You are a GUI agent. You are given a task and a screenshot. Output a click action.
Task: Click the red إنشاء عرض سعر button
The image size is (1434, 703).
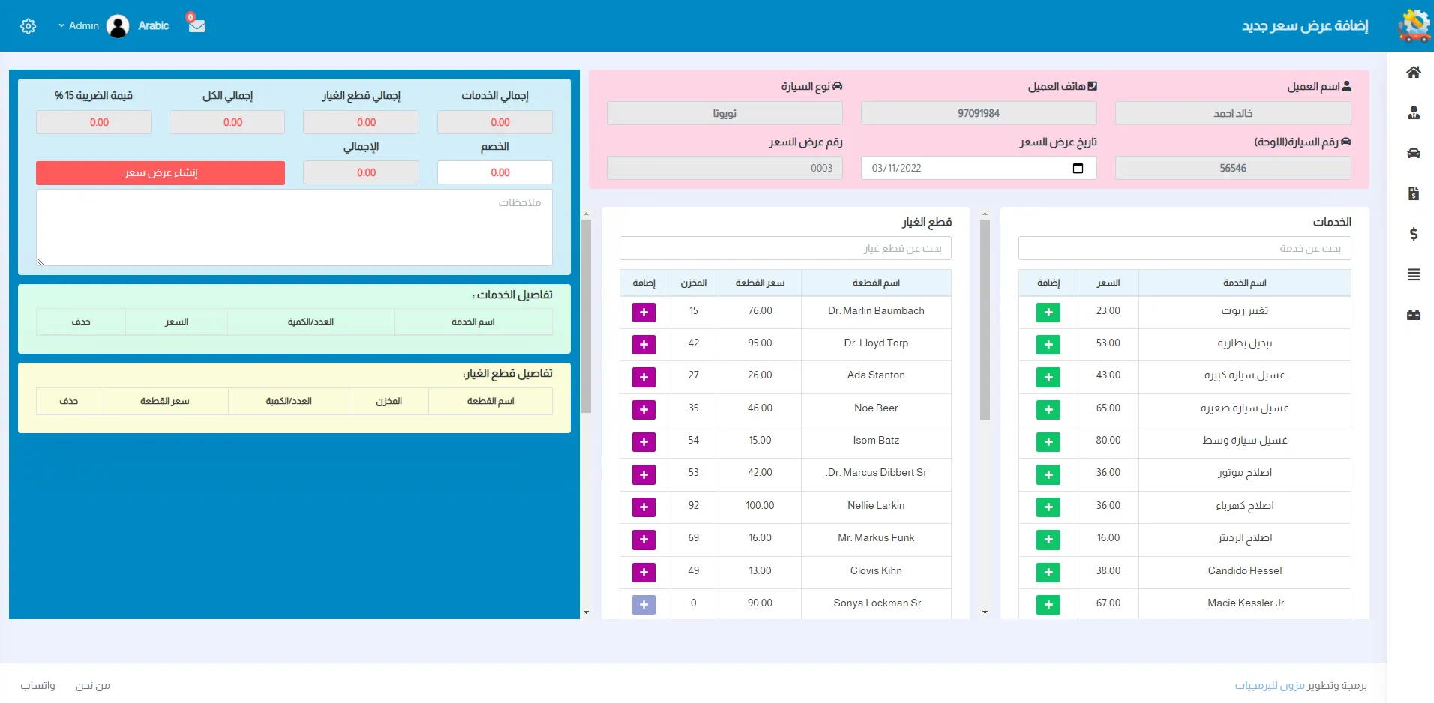pyautogui.click(x=160, y=173)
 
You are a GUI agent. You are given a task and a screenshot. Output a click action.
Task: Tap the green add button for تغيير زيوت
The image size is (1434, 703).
pyautogui.click(x=1048, y=312)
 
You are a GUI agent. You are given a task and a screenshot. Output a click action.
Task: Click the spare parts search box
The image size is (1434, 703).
pyautogui.click(x=785, y=248)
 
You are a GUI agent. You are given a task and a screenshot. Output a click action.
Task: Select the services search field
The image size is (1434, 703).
pyautogui.click(x=1184, y=248)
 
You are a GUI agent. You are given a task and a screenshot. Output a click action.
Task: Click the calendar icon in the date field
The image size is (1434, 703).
pyautogui.click(x=1078, y=168)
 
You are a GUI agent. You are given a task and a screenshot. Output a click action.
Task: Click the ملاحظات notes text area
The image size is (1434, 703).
pyautogui.click(x=294, y=227)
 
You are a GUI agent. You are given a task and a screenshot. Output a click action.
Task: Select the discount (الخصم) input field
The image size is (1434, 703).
pyautogui.click(x=495, y=172)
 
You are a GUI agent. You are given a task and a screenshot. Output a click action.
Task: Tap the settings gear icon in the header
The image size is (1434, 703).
pyautogui.click(x=28, y=26)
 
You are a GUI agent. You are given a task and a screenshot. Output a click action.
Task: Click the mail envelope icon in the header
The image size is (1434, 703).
pyautogui.click(x=197, y=25)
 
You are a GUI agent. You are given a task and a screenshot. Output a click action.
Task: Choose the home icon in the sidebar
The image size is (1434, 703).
pyautogui.click(x=1414, y=73)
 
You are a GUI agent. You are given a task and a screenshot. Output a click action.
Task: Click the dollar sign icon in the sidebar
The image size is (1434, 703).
pyautogui.click(x=1414, y=234)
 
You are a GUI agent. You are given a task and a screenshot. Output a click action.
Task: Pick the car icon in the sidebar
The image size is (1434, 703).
pyautogui.click(x=1414, y=153)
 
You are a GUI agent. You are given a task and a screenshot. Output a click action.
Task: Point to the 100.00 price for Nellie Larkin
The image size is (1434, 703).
pyautogui.click(x=760, y=506)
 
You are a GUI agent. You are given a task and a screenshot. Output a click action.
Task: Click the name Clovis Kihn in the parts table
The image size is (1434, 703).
pyautogui.click(x=876, y=571)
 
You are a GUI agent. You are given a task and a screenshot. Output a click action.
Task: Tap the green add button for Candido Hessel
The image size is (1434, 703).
pyautogui.click(x=1048, y=572)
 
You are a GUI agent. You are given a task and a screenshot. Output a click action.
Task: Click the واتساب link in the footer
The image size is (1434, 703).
pyautogui.click(x=37, y=686)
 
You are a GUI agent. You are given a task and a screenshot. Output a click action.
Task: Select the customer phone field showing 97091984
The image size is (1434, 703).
pyautogui.click(x=978, y=113)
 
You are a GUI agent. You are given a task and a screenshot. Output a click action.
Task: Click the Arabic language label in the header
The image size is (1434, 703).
pyautogui.click(x=154, y=25)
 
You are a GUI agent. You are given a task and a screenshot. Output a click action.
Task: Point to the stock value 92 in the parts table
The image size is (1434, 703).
pyautogui.click(x=693, y=506)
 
